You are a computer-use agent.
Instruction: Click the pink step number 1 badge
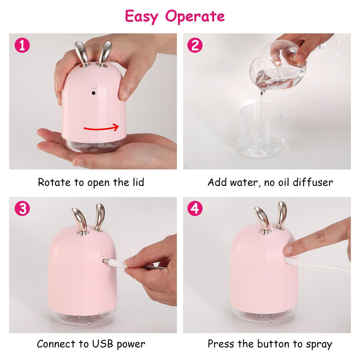click(22, 45)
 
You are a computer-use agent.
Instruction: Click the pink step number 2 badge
click(195, 45)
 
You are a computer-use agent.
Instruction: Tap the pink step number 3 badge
click(22, 209)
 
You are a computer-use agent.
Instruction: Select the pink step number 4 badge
click(195, 209)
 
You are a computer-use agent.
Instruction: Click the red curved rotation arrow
click(101, 128)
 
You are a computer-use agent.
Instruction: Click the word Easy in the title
click(141, 17)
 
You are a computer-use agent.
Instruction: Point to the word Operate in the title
click(195, 17)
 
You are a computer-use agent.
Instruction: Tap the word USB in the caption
click(103, 344)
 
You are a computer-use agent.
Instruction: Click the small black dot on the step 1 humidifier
click(94, 93)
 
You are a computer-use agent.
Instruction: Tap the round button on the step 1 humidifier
click(94, 85)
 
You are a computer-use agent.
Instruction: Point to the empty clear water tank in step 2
click(261, 130)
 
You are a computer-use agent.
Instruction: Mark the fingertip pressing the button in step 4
click(288, 250)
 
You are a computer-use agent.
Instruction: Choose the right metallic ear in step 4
click(281, 215)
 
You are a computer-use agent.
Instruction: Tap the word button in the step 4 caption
click(273, 344)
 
